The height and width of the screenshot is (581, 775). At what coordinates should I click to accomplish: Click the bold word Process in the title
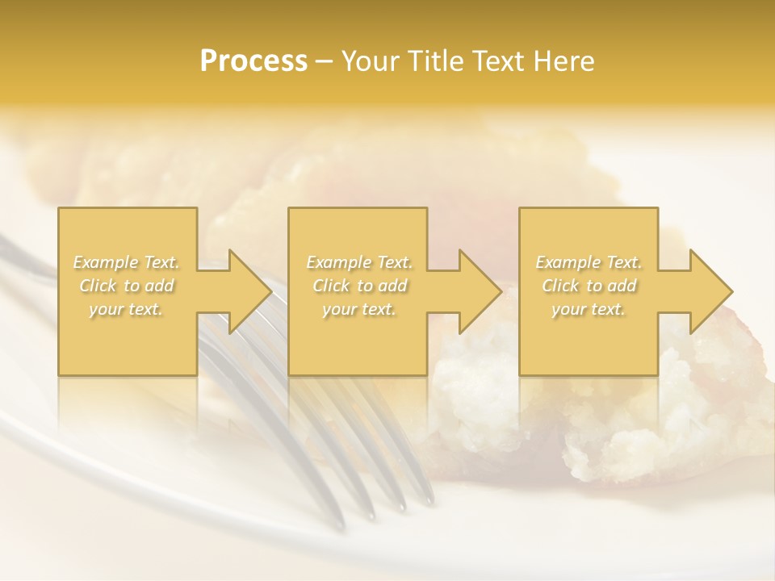pyautogui.click(x=253, y=61)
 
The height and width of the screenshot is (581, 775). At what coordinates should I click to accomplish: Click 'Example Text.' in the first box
pyautogui.click(x=127, y=262)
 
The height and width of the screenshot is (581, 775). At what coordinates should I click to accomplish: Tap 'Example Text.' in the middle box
pyautogui.click(x=359, y=262)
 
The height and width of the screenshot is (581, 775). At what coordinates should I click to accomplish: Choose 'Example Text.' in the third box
pyautogui.click(x=589, y=262)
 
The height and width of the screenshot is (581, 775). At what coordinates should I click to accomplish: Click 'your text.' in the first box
pyautogui.click(x=127, y=309)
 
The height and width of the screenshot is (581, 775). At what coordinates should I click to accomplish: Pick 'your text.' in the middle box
pyautogui.click(x=359, y=309)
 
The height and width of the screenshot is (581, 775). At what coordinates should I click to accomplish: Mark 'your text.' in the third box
pyautogui.click(x=589, y=309)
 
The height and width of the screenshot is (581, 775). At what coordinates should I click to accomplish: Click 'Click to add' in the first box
pyautogui.click(x=127, y=286)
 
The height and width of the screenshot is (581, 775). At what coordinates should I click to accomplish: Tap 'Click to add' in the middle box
pyautogui.click(x=359, y=286)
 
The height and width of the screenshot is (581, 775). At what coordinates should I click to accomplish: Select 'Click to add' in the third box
pyautogui.click(x=589, y=286)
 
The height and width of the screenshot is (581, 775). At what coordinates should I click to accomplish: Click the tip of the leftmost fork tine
pyautogui.click(x=371, y=515)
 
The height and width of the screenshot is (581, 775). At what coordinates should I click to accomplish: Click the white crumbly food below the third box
pyautogui.click(x=630, y=420)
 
